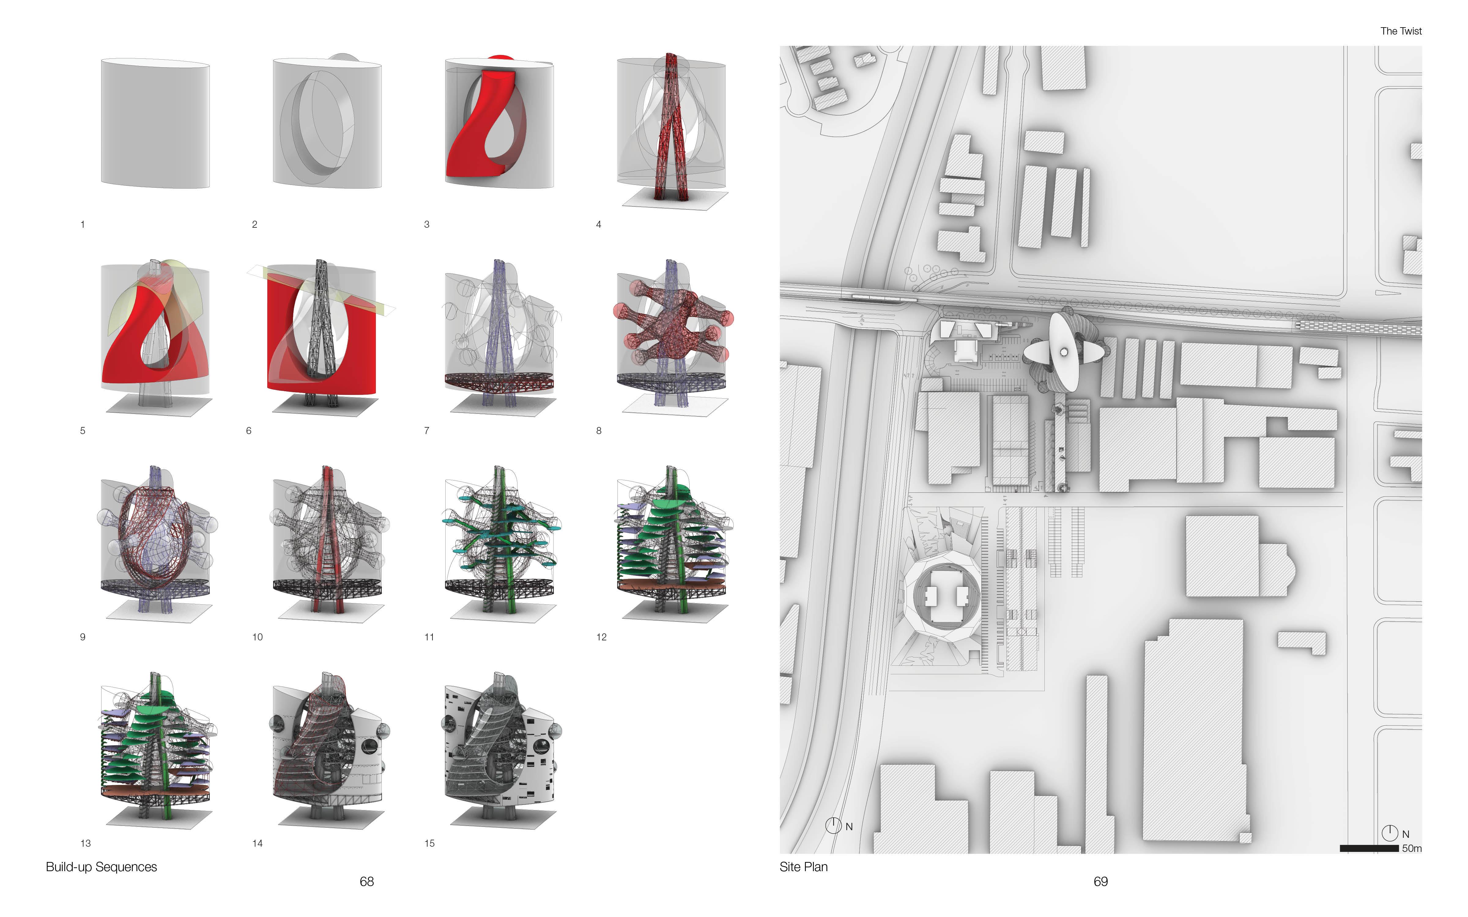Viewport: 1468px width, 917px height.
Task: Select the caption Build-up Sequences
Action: pyautogui.click(x=101, y=867)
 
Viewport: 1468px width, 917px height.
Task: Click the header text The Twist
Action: pyautogui.click(x=1401, y=31)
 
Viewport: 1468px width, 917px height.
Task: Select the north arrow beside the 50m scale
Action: pyautogui.click(x=1390, y=833)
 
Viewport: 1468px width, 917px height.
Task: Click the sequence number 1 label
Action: pyautogui.click(x=83, y=224)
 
